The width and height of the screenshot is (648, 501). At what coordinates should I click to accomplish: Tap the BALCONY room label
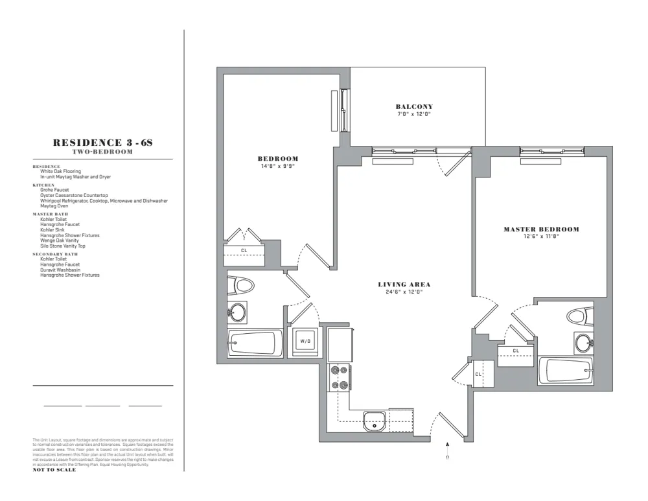pyautogui.click(x=414, y=107)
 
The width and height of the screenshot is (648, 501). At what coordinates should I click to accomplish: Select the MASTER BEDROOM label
pyautogui.click(x=541, y=229)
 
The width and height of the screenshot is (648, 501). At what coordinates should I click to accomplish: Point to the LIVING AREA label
pyautogui.click(x=404, y=285)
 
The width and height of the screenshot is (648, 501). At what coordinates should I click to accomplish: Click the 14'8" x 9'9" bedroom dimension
pyautogui.click(x=277, y=166)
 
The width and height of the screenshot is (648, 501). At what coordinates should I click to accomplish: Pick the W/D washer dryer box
pyautogui.click(x=305, y=342)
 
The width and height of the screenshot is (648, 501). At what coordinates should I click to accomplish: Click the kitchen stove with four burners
pyautogui.click(x=340, y=377)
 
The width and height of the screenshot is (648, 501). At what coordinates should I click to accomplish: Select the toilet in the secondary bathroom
pyautogui.click(x=244, y=286)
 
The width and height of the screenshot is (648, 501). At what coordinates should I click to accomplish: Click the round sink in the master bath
pyautogui.click(x=584, y=342)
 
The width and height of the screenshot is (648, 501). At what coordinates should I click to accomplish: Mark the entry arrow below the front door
pyautogui.click(x=447, y=446)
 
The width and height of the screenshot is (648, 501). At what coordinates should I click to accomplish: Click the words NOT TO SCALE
pyautogui.click(x=54, y=470)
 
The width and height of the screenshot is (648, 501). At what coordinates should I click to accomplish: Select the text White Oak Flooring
pyautogui.click(x=60, y=172)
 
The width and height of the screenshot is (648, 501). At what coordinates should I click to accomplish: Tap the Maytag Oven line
pyautogui.click(x=54, y=206)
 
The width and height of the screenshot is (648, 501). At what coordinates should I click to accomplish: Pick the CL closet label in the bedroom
pyautogui.click(x=244, y=250)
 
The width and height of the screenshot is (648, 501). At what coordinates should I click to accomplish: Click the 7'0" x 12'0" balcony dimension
pyautogui.click(x=414, y=114)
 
